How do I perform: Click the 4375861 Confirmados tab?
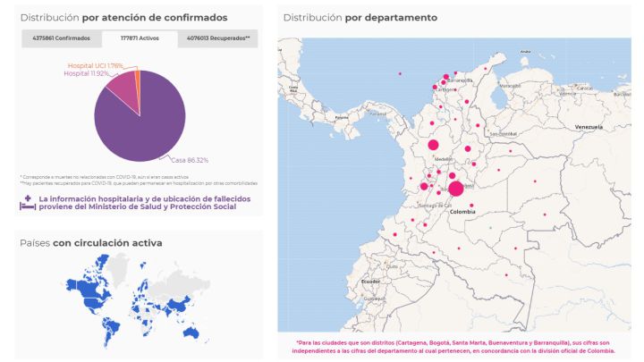click(61, 38)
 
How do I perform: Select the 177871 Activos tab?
click(140, 38)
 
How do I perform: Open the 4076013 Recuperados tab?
click(218, 38)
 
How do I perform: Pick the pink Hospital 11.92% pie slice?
click(123, 90)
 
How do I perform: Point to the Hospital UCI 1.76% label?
click(96, 66)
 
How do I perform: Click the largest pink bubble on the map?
click(456, 188)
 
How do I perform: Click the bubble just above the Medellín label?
click(434, 144)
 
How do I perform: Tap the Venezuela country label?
click(589, 127)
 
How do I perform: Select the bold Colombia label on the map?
click(462, 212)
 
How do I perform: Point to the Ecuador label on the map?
click(370, 282)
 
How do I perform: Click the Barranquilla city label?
click(459, 80)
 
